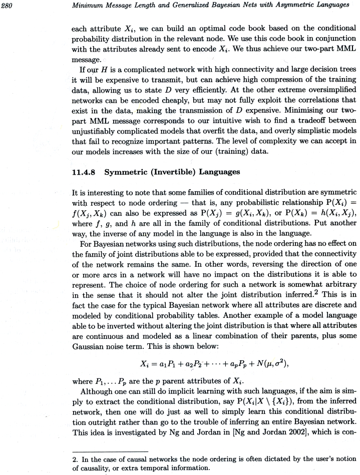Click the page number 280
point(8,6)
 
